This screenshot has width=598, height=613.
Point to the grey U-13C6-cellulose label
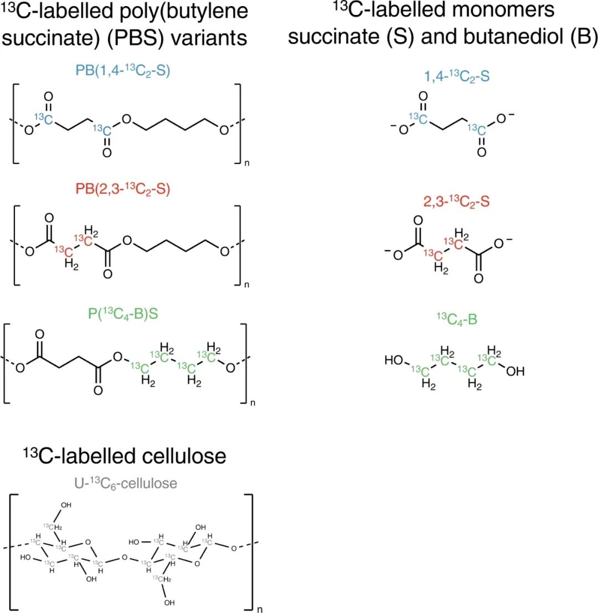point(126,483)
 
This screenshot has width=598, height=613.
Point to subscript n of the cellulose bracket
point(260,609)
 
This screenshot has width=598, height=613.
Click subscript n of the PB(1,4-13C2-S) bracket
point(246,164)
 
